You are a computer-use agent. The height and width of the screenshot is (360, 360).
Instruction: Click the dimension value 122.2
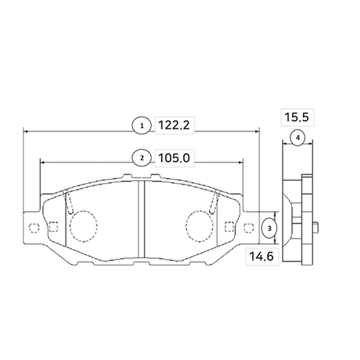click(x=174, y=125)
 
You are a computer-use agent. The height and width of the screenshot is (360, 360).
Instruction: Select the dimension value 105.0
click(x=174, y=158)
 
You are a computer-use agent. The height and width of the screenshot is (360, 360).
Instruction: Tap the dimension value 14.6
click(x=261, y=256)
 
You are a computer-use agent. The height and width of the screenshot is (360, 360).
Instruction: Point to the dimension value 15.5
click(x=297, y=117)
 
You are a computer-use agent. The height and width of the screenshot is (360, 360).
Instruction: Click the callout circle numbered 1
click(x=141, y=125)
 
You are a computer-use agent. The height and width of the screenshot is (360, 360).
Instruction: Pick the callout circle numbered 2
click(x=141, y=158)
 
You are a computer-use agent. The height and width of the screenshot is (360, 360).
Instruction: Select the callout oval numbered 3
click(x=269, y=228)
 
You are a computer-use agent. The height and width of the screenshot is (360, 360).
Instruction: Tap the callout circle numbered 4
click(x=298, y=138)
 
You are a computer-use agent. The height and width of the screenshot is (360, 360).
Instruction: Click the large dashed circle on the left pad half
click(x=83, y=226)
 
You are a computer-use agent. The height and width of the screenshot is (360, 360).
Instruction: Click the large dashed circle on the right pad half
click(x=199, y=226)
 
